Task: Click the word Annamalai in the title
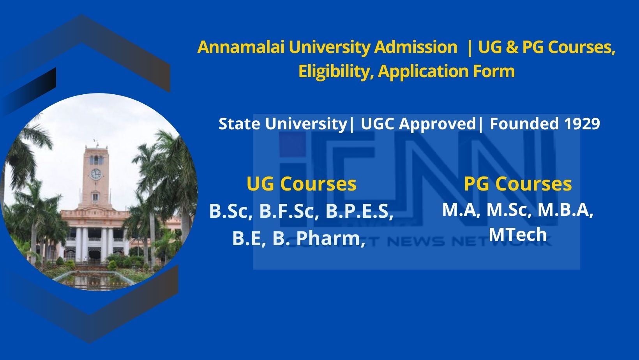click(x=241, y=47)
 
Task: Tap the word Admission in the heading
click(x=416, y=47)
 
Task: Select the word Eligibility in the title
click(x=336, y=71)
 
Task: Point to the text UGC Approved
click(x=418, y=124)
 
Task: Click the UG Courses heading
click(x=302, y=184)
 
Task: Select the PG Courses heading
click(x=518, y=184)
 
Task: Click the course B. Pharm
click(x=319, y=238)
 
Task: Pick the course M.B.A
click(x=565, y=210)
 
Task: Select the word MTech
click(x=517, y=235)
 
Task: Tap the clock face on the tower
click(x=96, y=174)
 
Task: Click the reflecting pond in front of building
click(x=94, y=280)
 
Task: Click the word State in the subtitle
click(x=239, y=124)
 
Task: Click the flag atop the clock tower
click(x=95, y=141)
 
